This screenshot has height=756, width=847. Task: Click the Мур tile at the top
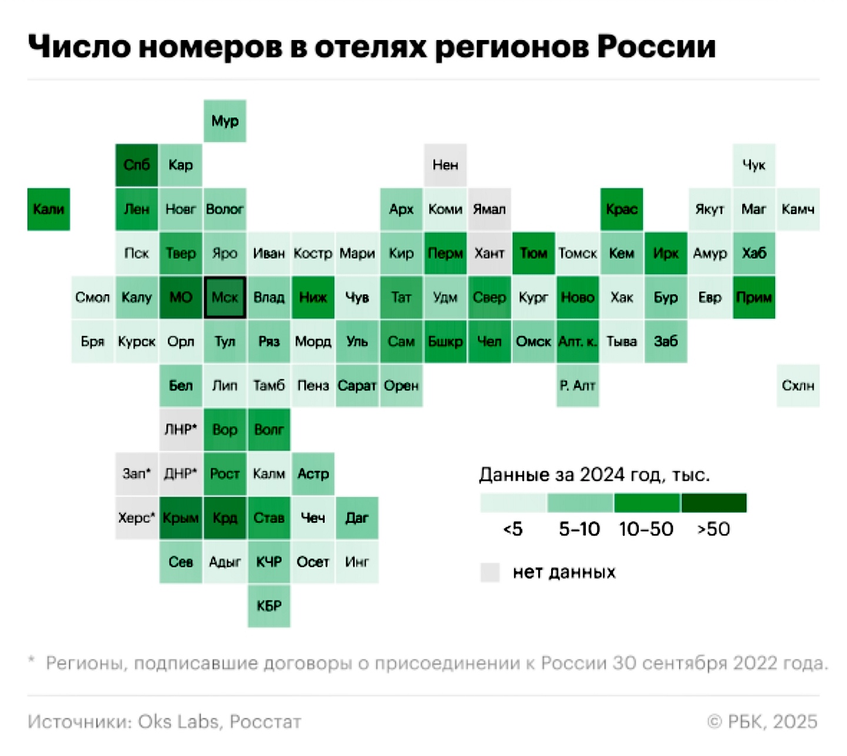[x=225, y=121]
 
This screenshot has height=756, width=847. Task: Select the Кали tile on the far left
[x=49, y=209]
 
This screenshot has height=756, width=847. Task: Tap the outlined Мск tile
[x=225, y=298]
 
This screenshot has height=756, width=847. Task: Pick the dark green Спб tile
[x=136, y=165]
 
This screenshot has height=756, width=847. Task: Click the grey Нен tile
[x=445, y=165]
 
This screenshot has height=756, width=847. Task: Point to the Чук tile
[x=754, y=165]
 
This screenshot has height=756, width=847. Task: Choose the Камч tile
[x=798, y=209]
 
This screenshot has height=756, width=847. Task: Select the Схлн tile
[x=798, y=386]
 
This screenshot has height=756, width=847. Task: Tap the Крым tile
[x=181, y=518]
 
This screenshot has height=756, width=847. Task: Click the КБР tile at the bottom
[x=269, y=606]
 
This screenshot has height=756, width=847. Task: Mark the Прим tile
[x=754, y=298]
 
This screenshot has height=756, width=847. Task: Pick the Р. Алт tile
[x=578, y=386]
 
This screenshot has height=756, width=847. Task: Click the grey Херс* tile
[x=136, y=518]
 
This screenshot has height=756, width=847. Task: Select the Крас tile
[x=622, y=209]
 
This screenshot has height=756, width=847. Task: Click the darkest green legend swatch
[x=714, y=503]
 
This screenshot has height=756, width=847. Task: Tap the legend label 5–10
[x=579, y=529]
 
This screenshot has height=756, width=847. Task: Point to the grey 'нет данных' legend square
[x=490, y=572]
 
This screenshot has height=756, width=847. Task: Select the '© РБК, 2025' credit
[x=762, y=722]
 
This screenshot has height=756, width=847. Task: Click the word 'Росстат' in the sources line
[x=265, y=722]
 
